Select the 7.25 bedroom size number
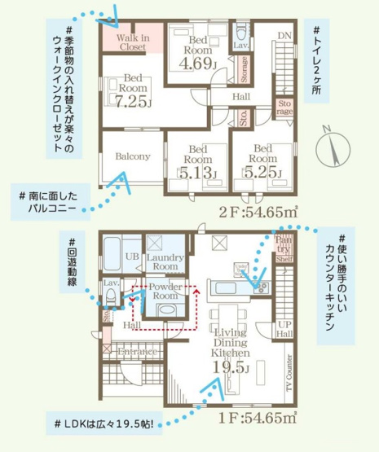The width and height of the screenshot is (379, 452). click(130, 103)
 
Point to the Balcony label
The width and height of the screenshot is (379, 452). click(131, 156)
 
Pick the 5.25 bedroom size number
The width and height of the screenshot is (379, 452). click(262, 173)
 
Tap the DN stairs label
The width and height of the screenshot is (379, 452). click(284, 36)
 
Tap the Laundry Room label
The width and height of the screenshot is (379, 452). click(165, 262)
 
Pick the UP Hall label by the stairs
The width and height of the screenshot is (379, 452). click(282, 329)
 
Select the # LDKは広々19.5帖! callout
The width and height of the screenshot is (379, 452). click(104, 425)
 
